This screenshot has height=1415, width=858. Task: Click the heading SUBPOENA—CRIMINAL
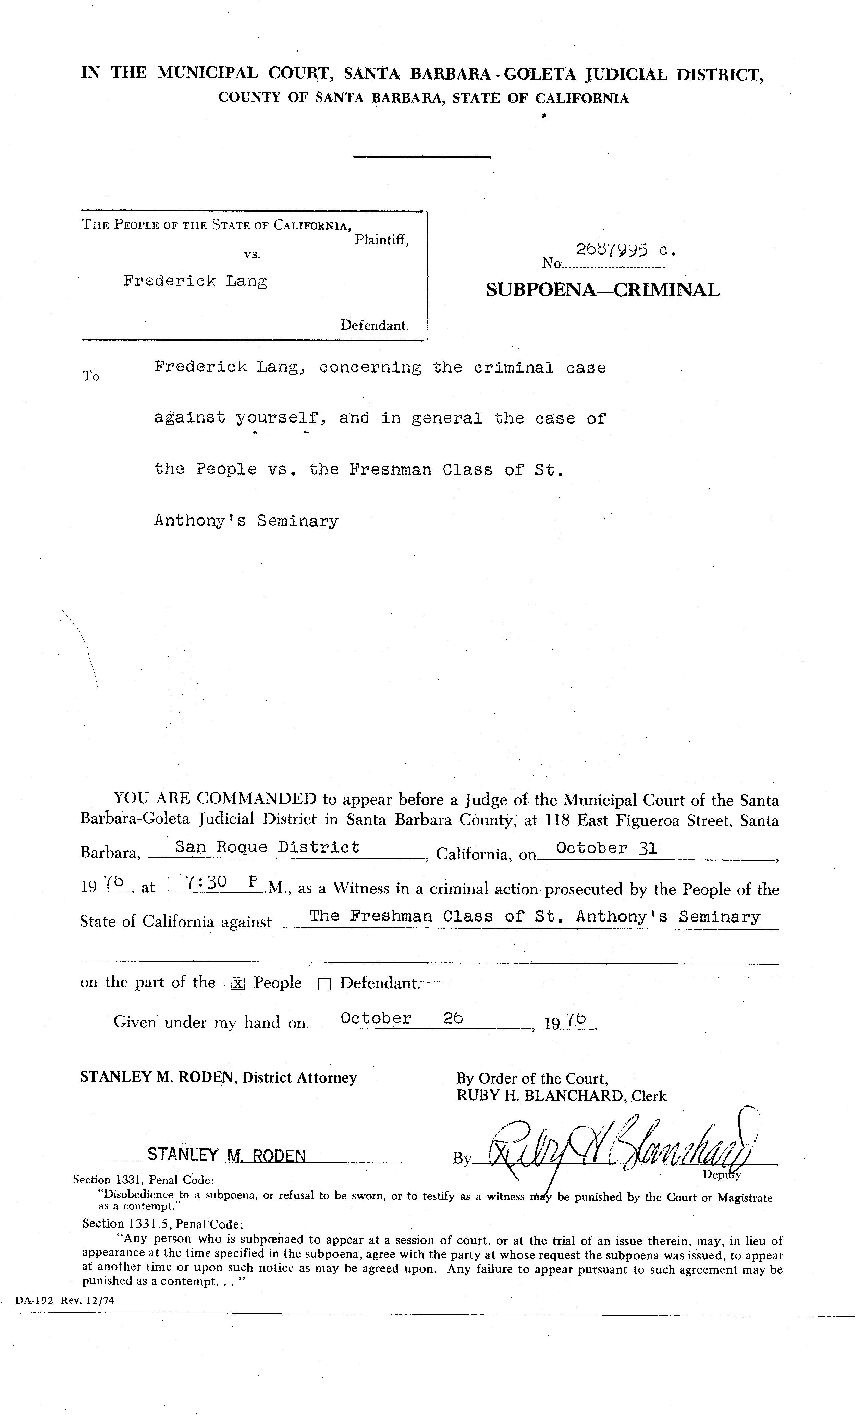pos(602,290)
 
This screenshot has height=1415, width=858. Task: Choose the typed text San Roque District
pos(267,847)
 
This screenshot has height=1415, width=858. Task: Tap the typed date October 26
pos(402,1018)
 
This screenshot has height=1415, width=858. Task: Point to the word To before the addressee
pos(91,376)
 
